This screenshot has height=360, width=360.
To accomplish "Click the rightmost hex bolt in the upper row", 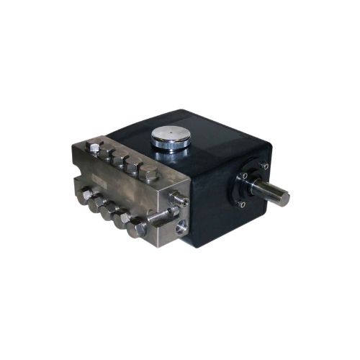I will click(148, 171).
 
